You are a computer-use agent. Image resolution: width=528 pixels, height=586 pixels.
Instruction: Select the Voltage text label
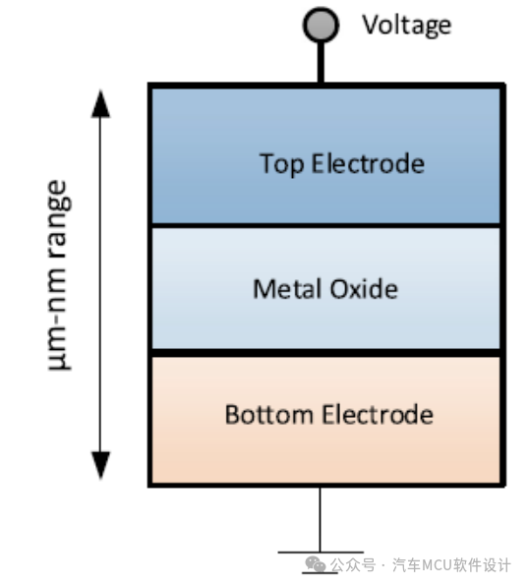407,25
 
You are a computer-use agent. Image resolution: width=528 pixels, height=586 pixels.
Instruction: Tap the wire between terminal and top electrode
320,63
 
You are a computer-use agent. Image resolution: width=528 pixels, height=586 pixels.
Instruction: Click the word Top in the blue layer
281,163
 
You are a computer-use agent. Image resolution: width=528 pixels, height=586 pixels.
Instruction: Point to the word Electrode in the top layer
368,163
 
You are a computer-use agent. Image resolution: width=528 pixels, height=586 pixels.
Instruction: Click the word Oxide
364,289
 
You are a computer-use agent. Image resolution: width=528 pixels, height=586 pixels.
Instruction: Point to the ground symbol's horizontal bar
320,554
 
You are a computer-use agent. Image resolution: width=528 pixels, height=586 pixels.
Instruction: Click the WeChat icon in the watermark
315,564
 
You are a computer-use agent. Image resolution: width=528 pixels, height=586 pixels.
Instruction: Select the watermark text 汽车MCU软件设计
452,565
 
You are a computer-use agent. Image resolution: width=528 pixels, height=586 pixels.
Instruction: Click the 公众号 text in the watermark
353,565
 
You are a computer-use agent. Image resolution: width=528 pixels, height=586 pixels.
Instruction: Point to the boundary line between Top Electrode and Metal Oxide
325,226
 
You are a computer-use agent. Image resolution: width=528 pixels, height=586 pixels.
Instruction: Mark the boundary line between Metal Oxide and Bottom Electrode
325,352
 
